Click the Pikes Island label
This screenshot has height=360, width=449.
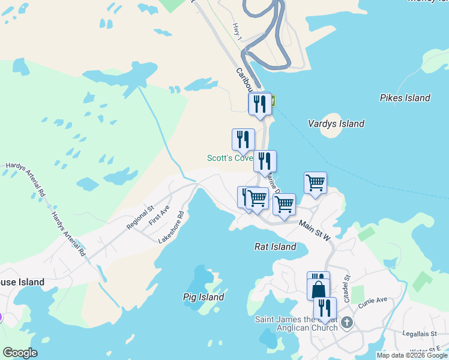click(405, 98)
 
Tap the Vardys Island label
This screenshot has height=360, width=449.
click(336, 124)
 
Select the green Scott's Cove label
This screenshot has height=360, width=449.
click(230, 158)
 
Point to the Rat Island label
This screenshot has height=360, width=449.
click(276, 247)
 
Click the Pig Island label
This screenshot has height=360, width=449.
click(203, 297)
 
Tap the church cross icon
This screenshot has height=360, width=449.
click(346, 324)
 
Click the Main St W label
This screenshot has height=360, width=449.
click(315, 230)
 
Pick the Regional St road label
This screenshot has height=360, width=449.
click(140, 218)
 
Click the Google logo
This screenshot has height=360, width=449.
click(20, 353)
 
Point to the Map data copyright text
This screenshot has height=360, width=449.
click(412, 355)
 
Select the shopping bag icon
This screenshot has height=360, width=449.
click(319, 290)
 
